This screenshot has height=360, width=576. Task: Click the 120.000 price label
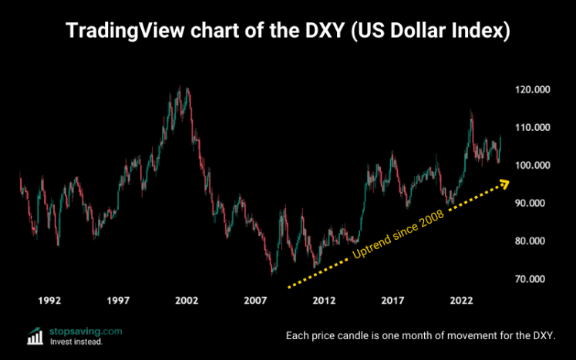[x=533, y=90]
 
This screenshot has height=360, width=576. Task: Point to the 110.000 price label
[x=533, y=128]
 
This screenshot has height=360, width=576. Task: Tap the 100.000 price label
[x=533, y=166]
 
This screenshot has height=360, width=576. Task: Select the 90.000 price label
[x=532, y=204]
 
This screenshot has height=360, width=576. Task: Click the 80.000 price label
[x=532, y=241]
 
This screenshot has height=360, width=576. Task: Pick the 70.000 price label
[x=532, y=279]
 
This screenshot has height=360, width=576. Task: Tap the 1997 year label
[x=118, y=300]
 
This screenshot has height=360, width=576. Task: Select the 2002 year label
[x=187, y=300]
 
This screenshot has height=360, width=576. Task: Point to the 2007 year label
[x=255, y=300]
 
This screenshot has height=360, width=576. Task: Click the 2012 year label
[x=324, y=300]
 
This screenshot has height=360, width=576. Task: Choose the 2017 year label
[x=393, y=300]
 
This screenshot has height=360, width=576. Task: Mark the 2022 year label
[x=462, y=300]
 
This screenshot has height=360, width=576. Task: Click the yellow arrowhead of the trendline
[x=506, y=183]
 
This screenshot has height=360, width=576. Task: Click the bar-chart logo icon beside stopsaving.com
[x=35, y=335]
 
